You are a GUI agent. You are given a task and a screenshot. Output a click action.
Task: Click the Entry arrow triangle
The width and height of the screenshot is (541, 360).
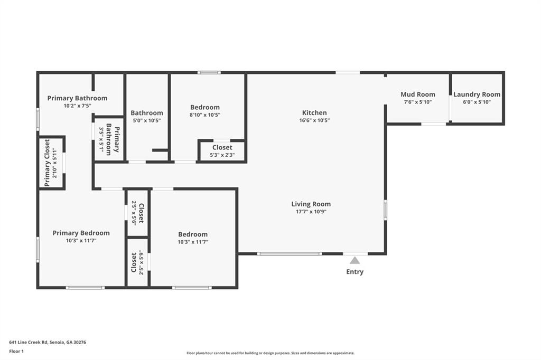pyautogui.click(x=355, y=260)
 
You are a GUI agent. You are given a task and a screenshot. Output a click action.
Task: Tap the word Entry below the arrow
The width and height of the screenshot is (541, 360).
pyautogui.click(x=355, y=272)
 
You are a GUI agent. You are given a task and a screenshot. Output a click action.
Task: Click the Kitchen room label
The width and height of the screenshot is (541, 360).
pyautogui.click(x=314, y=112)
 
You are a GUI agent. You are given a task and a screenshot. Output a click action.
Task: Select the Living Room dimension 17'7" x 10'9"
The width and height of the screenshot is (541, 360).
pyautogui.click(x=311, y=212)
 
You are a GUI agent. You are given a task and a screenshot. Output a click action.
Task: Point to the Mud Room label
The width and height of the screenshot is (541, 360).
pyautogui.click(x=418, y=94)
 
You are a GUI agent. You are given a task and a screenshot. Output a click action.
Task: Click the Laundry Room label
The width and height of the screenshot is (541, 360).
pyautogui.click(x=477, y=94)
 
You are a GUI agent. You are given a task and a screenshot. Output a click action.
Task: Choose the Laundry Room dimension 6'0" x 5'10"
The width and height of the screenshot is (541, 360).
pyautogui.click(x=477, y=102)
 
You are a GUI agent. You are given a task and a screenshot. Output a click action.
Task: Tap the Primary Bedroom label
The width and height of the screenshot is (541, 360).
pyautogui.click(x=81, y=233)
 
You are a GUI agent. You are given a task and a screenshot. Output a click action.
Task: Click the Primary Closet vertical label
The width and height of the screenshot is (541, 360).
pyautogui.click(x=47, y=163)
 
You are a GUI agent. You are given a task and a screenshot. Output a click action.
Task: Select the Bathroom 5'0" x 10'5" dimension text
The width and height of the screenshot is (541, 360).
pyautogui.click(x=147, y=120)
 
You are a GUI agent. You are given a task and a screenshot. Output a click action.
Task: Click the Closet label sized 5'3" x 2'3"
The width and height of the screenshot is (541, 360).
pyautogui.click(x=222, y=148)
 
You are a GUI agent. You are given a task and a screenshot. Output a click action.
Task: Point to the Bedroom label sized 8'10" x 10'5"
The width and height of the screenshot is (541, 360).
pyautogui.click(x=205, y=107)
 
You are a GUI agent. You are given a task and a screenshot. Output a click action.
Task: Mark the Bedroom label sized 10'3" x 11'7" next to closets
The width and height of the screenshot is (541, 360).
pyautogui.click(x=193, y=234)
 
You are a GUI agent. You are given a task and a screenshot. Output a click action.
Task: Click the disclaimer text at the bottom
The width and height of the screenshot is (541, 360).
pyautogui.click(x=270, y=353)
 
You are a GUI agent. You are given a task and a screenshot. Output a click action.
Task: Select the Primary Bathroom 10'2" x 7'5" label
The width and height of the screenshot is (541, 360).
pyautogui.click(x=77, y=98)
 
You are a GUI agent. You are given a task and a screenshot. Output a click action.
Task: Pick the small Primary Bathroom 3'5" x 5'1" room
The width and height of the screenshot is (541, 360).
pyautogui.click(x=109, y=139)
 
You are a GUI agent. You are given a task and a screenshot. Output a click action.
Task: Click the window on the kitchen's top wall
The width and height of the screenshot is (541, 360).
pyautogui.click(x=347, y=72)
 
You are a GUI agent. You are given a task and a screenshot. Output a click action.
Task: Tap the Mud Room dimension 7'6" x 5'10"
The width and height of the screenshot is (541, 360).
pyautogui.click(x=418, y=102)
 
